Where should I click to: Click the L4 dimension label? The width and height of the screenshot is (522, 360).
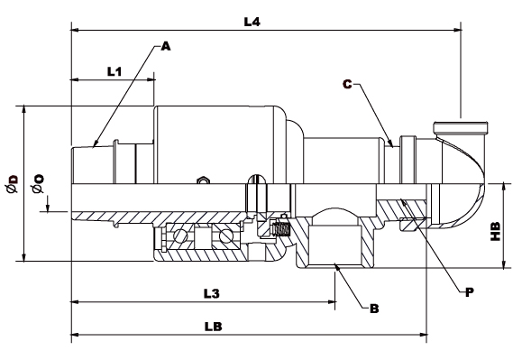252,22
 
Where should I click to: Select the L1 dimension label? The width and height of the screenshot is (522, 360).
114,71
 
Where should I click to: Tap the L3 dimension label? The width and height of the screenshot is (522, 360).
212,294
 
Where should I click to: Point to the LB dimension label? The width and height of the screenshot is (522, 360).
213,327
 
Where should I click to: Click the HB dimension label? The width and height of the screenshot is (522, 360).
496,231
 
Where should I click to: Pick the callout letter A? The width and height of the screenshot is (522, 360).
166,46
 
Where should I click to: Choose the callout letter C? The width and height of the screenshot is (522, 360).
347,84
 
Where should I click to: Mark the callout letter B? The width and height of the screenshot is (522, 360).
374,309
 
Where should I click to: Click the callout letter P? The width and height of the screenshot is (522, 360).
469,292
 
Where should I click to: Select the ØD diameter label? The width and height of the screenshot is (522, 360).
12,183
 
